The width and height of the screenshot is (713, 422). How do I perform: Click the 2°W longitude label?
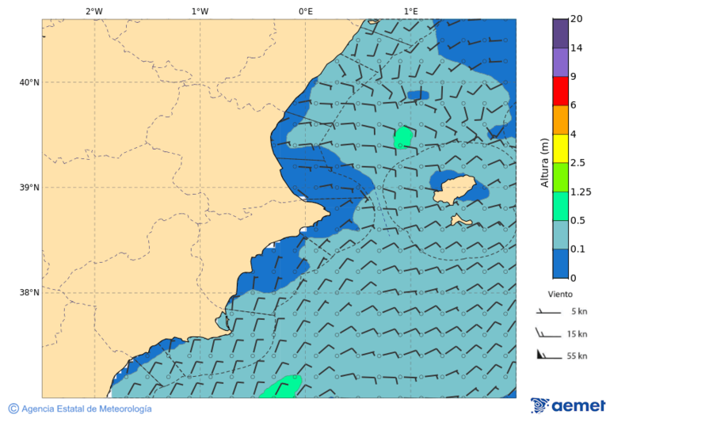tap(93, 11)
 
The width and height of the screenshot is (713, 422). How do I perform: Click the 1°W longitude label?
tap(200, 11)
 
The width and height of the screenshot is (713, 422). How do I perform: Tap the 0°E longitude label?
tap(305, 11)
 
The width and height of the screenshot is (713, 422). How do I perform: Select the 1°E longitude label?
tap(410, 11)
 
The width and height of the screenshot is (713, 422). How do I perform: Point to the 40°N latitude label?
tap(29, 82)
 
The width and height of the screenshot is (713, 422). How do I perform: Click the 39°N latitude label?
tap(29, 188)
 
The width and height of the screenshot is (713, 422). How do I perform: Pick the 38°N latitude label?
tap(29, 293)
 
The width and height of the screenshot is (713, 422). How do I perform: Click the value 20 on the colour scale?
tap(577, 19)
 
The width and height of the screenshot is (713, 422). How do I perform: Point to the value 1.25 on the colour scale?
tap(581, 192)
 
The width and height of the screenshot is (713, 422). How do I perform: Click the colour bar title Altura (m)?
tap(544, 162)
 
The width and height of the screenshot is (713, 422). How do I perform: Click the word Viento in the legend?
tap(560, 294)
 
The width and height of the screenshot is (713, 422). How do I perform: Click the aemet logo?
tap(568, 405)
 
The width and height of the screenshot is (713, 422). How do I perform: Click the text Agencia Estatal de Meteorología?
tap(86, 409)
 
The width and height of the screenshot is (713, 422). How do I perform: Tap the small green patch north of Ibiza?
tap(403, 137)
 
